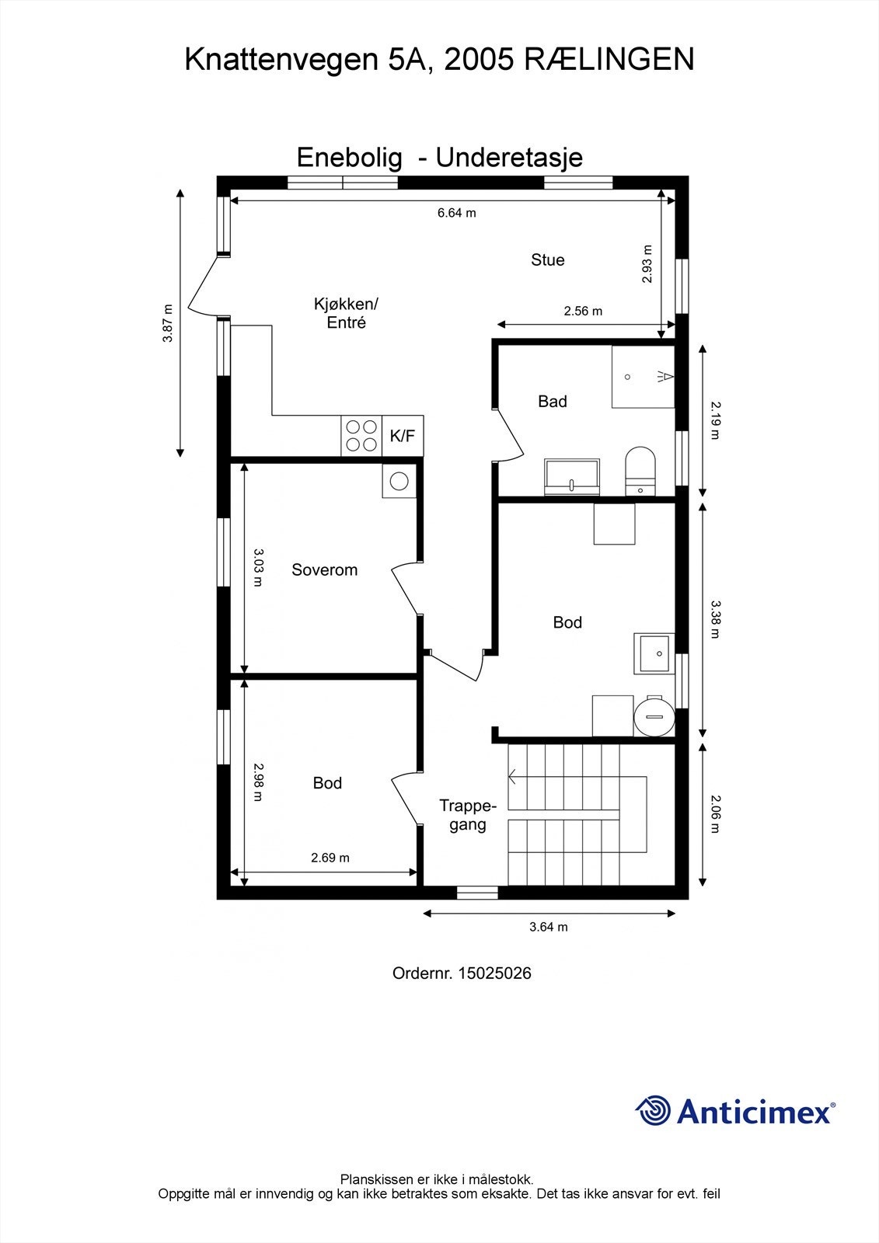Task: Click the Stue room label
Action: point(547,260)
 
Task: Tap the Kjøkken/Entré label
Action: point(346,313)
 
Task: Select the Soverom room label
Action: point(324,570)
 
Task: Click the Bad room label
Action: point(552,402)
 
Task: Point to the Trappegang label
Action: point(467,815)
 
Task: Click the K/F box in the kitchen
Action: point(402,437)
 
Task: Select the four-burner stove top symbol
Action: point(361,436)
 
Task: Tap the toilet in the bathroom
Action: point(640,469)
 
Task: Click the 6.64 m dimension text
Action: point(456,213)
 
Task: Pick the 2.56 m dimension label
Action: point(583,312)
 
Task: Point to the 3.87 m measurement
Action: point(168,323)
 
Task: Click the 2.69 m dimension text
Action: point(330,858)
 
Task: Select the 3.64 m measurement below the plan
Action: point(549,927)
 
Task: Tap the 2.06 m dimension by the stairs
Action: point(715,814)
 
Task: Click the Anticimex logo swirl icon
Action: point(653,1110)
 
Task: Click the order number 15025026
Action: point(494,973)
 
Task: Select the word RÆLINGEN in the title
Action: point(609,60)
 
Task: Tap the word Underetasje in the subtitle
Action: point(509,158)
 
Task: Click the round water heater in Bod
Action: point(653,716)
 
